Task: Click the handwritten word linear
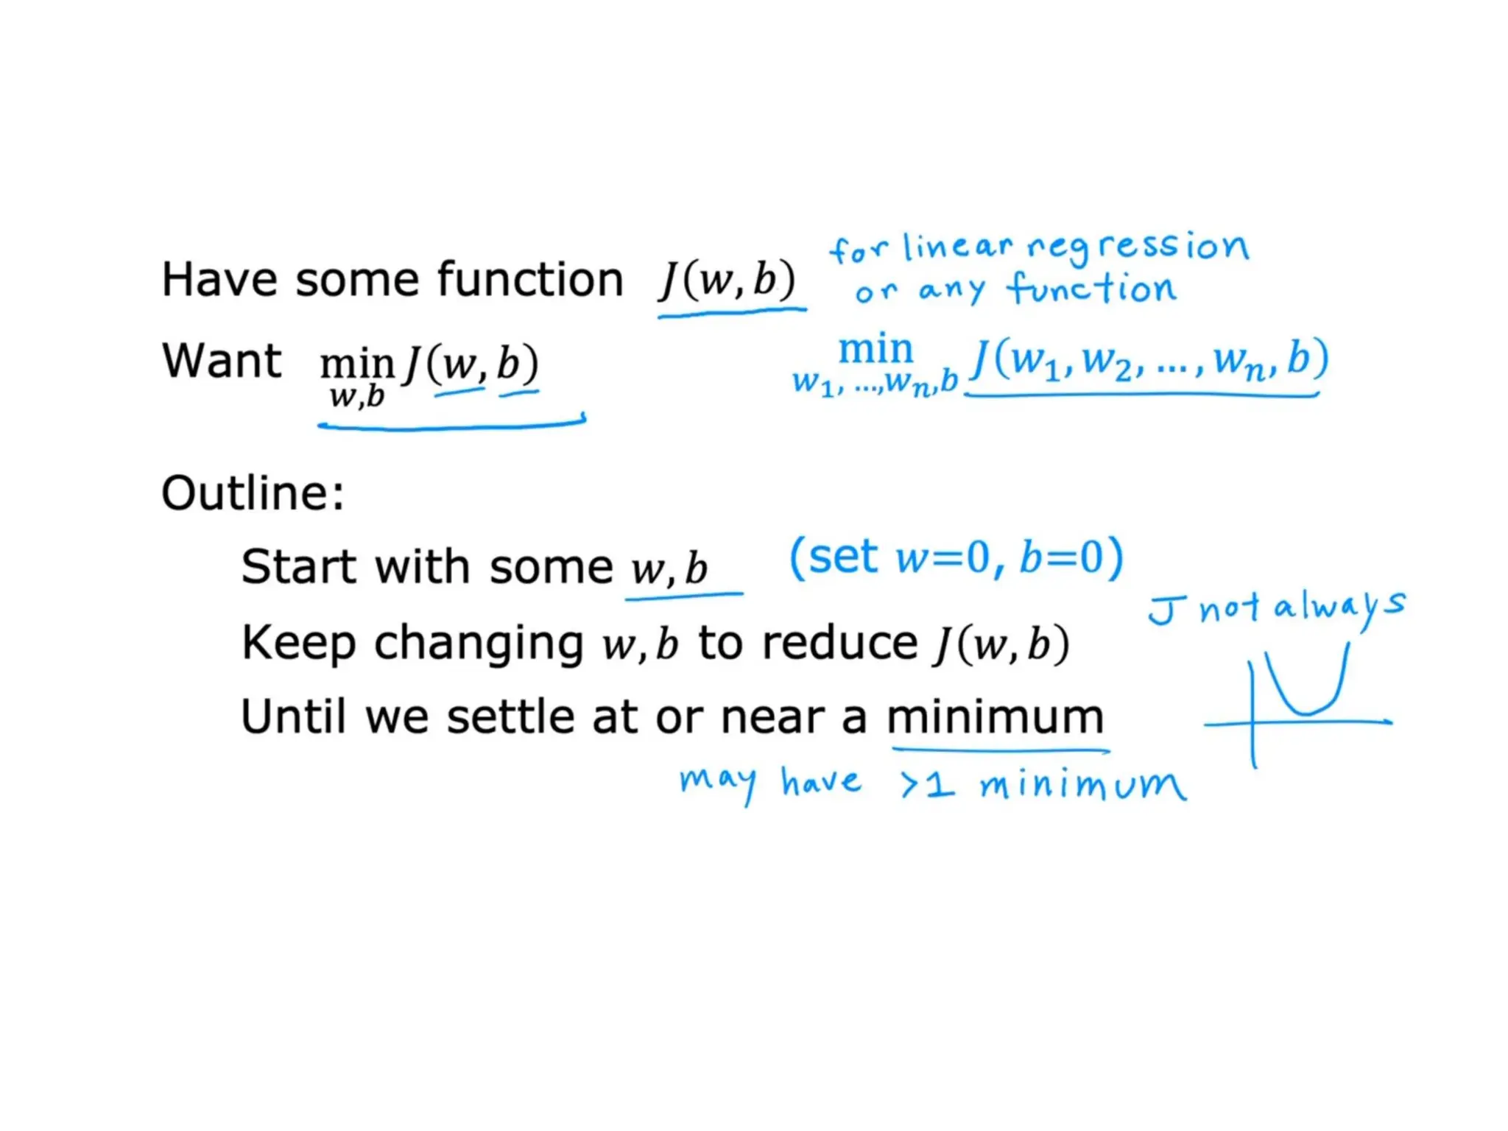coord(957,247)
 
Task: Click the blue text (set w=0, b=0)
coord(956,557)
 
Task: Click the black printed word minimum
coord(995,717)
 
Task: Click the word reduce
coord(839,643)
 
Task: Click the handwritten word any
coord(951,290)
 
